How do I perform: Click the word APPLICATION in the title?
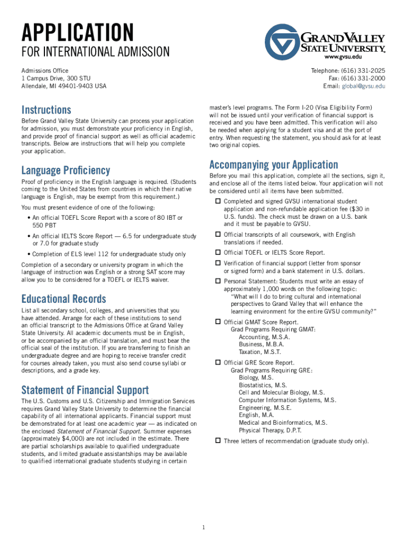pos(78,33)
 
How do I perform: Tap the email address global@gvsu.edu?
pos(363,86)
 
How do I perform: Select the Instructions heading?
pos(46,110)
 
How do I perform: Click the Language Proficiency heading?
pos(66,170)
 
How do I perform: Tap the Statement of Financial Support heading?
pos(85,390)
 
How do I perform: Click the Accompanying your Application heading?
pos(273,164)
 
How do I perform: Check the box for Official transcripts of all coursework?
pos(217,234)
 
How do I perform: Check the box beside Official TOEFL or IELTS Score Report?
pos(217,252)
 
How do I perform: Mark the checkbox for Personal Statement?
pos(217,281)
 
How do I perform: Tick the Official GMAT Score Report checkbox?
pos(217,322)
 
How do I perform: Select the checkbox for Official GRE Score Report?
pos(217,362)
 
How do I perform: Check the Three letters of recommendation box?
pos(217,440)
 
